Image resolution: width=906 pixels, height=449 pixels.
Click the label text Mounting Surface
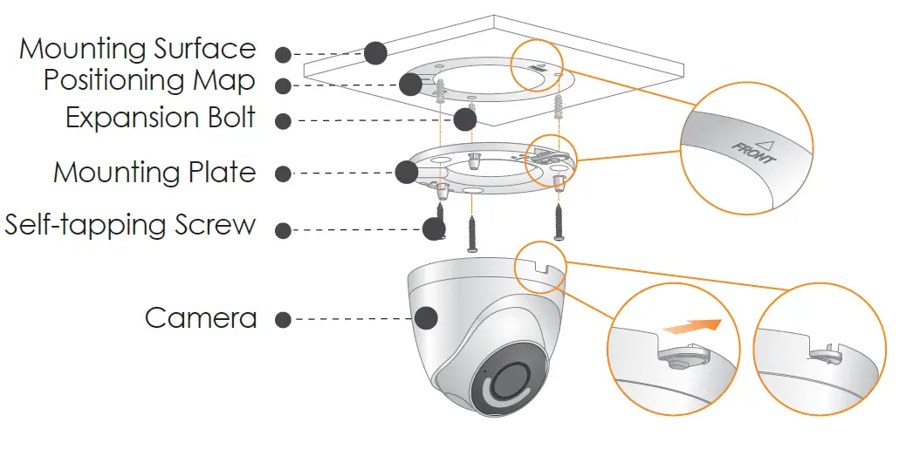coord(137,49)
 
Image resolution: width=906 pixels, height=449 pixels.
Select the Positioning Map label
coord(149,80)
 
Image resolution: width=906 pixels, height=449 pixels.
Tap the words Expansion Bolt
coord(161,118)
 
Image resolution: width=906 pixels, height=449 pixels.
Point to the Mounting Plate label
coord(154,172)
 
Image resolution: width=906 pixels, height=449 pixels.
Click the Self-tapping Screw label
coord(130,225)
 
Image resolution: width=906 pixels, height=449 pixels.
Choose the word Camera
coord(201,317)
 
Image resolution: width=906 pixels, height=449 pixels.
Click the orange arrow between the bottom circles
coord(691,327)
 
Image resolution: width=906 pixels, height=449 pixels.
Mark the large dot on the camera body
coord(425,317)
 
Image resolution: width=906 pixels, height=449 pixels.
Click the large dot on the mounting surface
coord(375,52)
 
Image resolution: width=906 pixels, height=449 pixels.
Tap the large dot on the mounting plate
coord(406,172)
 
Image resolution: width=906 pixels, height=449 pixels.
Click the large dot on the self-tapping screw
coord(434,228)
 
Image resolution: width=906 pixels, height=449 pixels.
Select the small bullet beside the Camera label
coord(283,319)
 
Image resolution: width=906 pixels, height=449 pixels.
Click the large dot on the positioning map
coord(410,84)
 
